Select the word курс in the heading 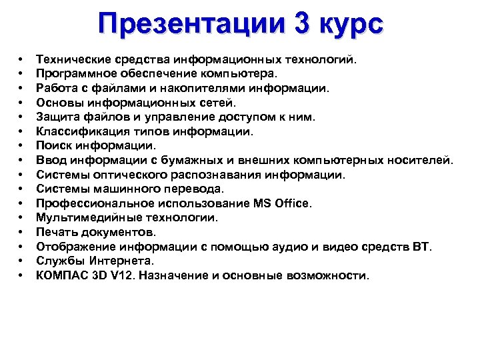point(352,25)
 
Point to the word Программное point(73,74)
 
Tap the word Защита point(56,117)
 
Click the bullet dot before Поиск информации point(22,146)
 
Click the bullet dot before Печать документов point(22,232)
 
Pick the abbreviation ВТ point(422,247)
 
